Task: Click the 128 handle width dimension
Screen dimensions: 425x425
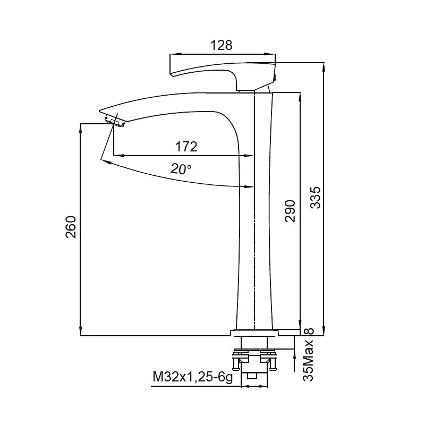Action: tap(221, 45)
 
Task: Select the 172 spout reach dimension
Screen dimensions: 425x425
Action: tap(186, 147)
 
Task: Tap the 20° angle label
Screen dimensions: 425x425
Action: tap(181, 169)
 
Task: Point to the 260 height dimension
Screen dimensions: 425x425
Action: tap(71, 227)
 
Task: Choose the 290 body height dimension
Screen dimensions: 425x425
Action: tap(290, 211)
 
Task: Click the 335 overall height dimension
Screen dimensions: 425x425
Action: tap(315, 197)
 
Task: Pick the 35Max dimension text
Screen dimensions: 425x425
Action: tap(308, 361)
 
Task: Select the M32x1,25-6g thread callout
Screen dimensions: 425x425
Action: tap(193, 377)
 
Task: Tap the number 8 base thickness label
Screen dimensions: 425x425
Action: tap(309, 331)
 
